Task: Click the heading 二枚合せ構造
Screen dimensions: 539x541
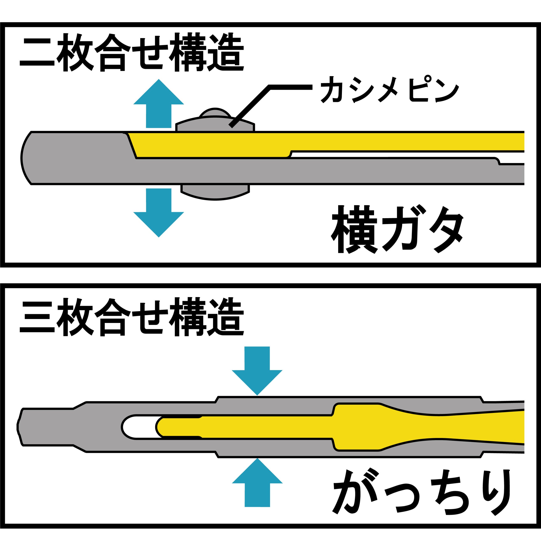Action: point(132,52)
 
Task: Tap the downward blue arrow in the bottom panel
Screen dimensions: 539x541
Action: point(257,370)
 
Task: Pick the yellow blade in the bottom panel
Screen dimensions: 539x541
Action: point(280,427)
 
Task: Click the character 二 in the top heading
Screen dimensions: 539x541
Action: point(37,53)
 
